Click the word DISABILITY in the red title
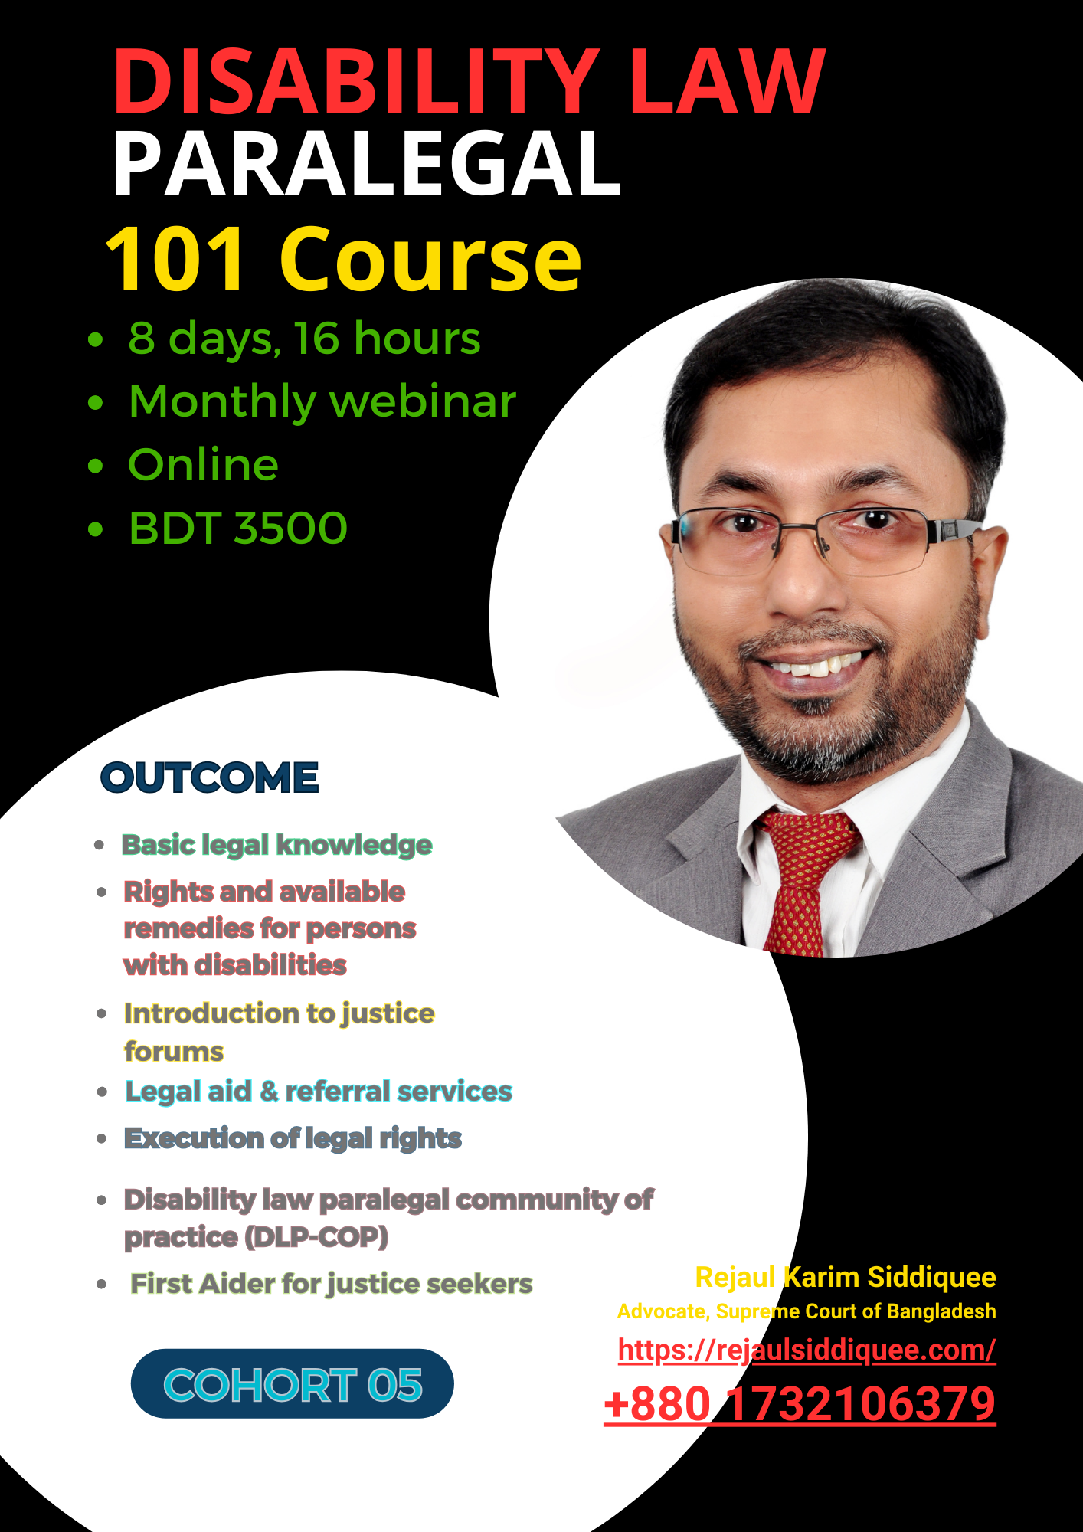pyautogui.click(x=357, y=81)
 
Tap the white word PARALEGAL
pyautogui.click(x=366, y=164)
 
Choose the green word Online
pyautogui.click(x=203, y=464)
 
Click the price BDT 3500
pyautogui.click(x=238, y=528)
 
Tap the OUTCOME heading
pyautogui.click(x=210, y=777)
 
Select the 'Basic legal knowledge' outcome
pyautogui.click(x=277, y=845)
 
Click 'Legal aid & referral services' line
pyautogui.click(x=319, y=1092)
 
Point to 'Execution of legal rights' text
pyautogui.click(x=293, y=1138)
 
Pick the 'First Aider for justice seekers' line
pyautogui.click(x=331, y=1284)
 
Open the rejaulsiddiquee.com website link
pyautogui.click(x=807, y=1350)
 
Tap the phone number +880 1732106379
pyautogui.click(x=800, y=1404)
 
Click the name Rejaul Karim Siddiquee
pyautogui.click(x=846, y=1277)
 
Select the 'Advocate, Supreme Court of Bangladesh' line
pyautogui.click(x=807, y=1311)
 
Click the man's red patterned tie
pyautogui.click(x=804, y=881)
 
